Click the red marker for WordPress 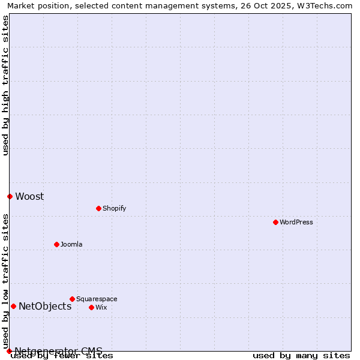pos(275,222)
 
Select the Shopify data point pos(98,208)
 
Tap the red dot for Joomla pos(56,244)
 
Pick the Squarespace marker pos(72,299)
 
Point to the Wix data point pos(91,307)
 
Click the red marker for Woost pos(10,196)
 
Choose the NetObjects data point pos(13,306)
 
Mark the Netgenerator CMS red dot pos(9,351)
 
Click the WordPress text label pos(296,223)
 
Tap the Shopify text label pos(114,209)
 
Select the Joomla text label pos(71,245)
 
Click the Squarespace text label pos(97,299)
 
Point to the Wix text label pos(101,308)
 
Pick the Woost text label pos(29,197)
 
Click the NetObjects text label pos(45,307)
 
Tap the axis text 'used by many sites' pos(301,356)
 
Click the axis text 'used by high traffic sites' pos(6,85)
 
